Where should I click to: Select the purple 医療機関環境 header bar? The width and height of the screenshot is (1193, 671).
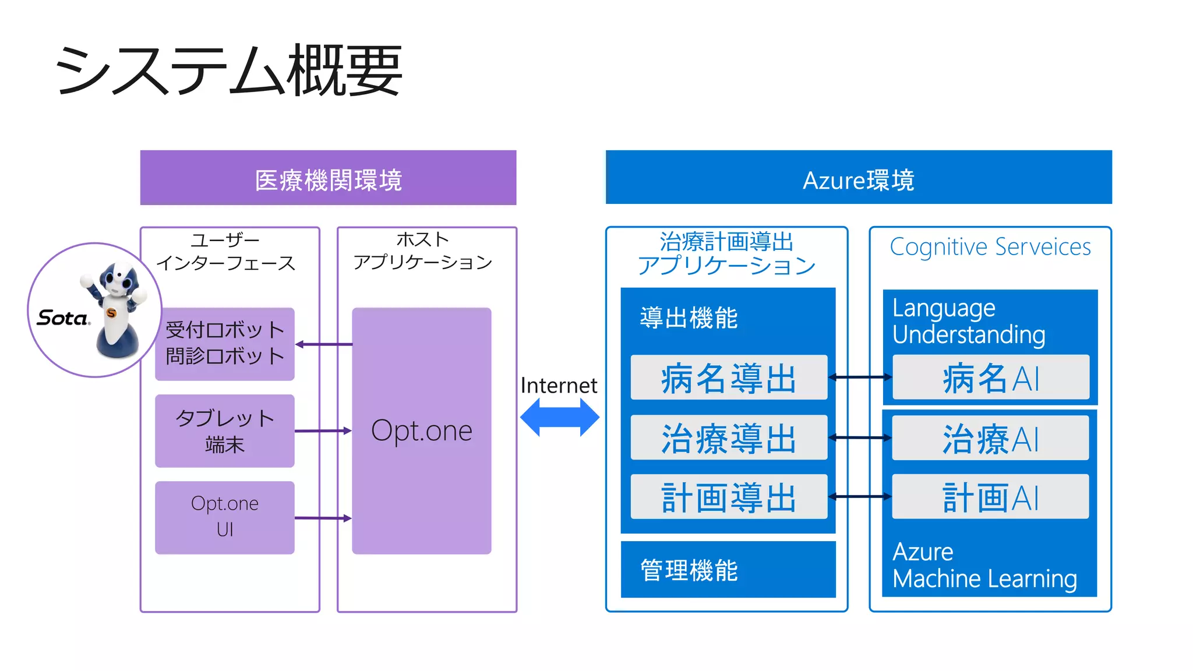pyautogui.click(x=328, y=178)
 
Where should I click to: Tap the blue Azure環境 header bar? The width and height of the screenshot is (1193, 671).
pyautogui.click(x=858, y=178)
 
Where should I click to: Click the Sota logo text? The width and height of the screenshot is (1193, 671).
pyautogui.click(x=63, y=318)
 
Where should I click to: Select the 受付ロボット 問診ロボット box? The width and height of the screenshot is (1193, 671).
pyautogui.click(x=225, y=344)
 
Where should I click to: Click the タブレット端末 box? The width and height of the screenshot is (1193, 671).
pyautogui.click(x=225, y=431)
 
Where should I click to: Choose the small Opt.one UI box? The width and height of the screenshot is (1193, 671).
pyautogui.click(x=225, y=517)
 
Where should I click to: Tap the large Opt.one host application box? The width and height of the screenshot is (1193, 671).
pyautogui.click(x=421, y=431)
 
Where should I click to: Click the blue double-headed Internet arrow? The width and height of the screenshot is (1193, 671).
pyautogui.click(x=559, y=417)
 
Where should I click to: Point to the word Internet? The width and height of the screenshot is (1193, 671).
pyautogui.click(x=559, y=386)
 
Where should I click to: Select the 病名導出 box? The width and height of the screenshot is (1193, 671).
pyautogui.click(x=728, y=377)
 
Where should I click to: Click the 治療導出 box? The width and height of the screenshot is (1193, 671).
pyautogui.click(x=728, y=437)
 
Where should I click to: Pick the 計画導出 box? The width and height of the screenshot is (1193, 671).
pyautogui.click(x=728, y=497)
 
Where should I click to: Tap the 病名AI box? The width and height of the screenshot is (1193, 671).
pyautogui.click(x=990, y=377)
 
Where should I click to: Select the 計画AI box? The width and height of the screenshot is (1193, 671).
pyautogui.click(x=990, y=497)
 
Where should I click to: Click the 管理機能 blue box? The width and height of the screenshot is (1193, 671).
pyautogui.click(x=728, y=570)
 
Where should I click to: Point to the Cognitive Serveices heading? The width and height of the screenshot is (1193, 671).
pyautogui.click(x=990, y=247)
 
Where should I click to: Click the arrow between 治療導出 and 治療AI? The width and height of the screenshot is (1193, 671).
pyautogui.click(x=860, y=437)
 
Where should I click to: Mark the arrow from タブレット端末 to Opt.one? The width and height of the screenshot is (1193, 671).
pyautogui.click(x=323, y=431)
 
